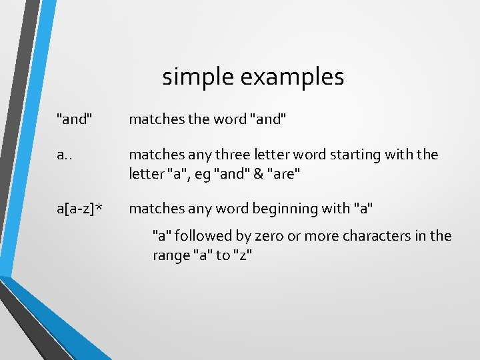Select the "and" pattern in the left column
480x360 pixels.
(75, 119)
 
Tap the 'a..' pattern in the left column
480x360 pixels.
(65, 155)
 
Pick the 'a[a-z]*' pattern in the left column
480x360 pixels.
(79, 209)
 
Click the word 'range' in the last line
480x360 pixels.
(170, 255)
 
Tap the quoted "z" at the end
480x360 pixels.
(243, 255)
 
